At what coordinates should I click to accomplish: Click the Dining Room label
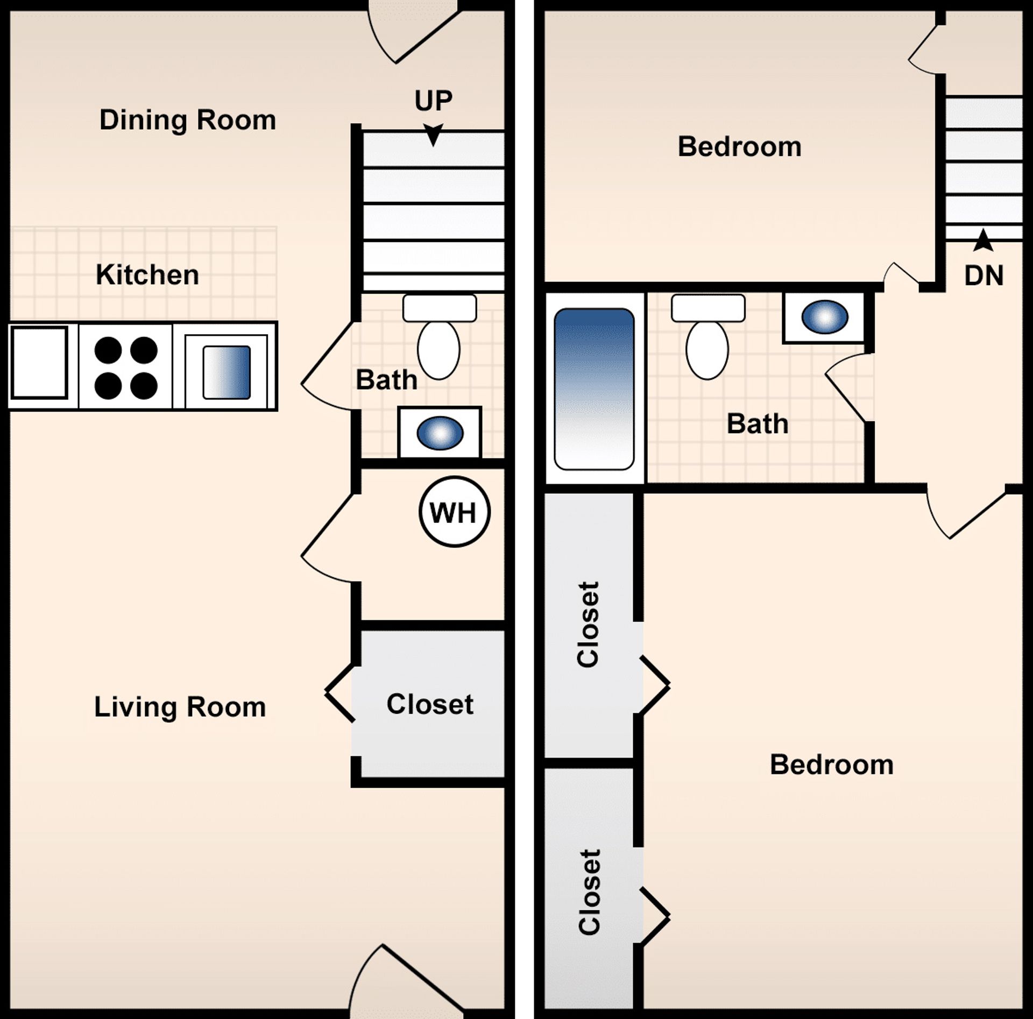pyautogui.click(x=188, y=120)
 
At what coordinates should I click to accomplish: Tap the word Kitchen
pyautogui.click(x=147, y=275)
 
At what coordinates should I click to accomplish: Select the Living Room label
pyautogui.click(x=180, y=707)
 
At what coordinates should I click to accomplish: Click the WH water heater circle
pyautogui.click(x=454, y=512)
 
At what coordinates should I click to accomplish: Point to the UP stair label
pyautogui.click(x=433, y=101)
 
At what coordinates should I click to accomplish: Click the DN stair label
pyautogui.click(x=984, y=275)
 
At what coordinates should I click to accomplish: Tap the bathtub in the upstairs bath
pyautogui.click(x=594, y=388)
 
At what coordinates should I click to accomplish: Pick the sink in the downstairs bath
pyautogui.click(x=440, y=433)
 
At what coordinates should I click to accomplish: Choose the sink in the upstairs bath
pyautogui.click(x=824, y=317)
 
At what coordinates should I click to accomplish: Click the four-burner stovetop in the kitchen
pyautogui.click(x=126, y=368)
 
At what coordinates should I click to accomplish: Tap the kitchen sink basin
pyautogui.click(x=227, y=372)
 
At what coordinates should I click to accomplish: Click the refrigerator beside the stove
pyautogui.click(x=39, y=363)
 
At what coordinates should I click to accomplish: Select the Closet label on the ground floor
pyautogui.click(x=430, y=704)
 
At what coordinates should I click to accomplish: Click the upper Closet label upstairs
pyautogui.click(x=588, y=625)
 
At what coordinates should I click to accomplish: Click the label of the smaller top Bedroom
pyautogui.click(x=739, y=147)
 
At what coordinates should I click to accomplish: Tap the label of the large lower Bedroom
pyautogui.click(x=831, y=765)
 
